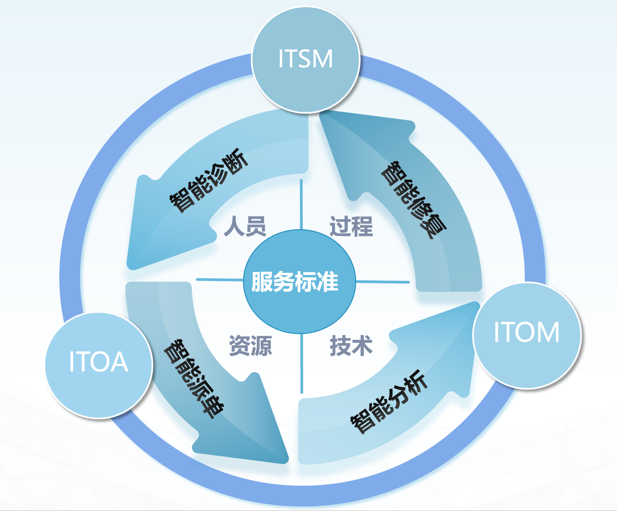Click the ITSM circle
pos(305,59)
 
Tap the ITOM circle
pos(527,335)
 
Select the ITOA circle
pos(99,365)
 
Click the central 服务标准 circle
pos(299,282)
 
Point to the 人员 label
pos(245,226)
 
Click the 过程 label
pos(351,226)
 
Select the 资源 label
pos(250,346)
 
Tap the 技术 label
pos(351,346)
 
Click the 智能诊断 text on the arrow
pos(209,181)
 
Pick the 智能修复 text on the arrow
pos(414,200)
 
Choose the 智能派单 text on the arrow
pos(194,379)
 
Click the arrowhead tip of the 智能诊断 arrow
pos(130,268)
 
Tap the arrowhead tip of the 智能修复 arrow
pos(321,114)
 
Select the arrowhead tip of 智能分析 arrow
pos(477,303)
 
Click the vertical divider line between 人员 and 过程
pos(301,204)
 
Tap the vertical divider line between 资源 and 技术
pos(302,363)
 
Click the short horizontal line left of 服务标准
pos(220,279)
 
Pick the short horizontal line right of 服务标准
pos(383,282)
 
